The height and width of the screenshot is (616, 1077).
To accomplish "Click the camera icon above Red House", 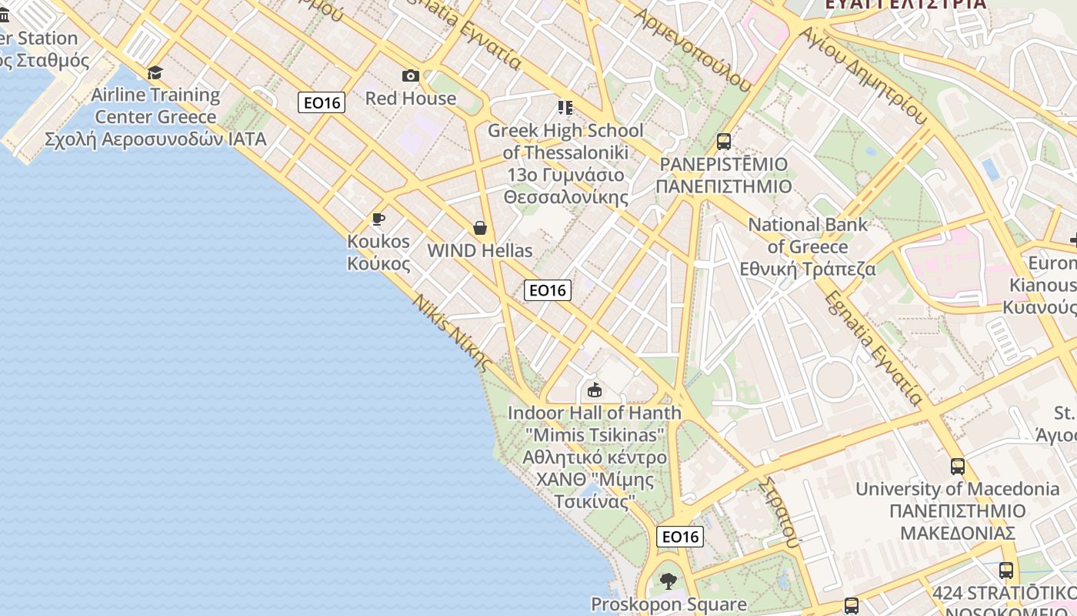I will (411, 75).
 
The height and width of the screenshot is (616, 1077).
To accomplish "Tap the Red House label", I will (411, 99).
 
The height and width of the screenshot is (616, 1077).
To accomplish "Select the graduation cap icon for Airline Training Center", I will (155, 72).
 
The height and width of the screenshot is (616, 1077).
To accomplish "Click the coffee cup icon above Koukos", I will (378, 219).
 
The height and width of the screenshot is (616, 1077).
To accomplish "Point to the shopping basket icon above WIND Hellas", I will (480, 228).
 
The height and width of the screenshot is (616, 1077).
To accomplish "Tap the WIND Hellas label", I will (480, 250).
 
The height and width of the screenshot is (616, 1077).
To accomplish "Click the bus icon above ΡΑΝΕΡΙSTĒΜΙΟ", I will (723, 141).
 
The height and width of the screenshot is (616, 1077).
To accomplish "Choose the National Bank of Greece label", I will (808, 246).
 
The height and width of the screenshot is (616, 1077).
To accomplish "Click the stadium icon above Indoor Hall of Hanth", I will (594, 390).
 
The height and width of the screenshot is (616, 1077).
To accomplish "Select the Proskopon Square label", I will (669, 604).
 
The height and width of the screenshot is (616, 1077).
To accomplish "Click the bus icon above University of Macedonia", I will (957, 466).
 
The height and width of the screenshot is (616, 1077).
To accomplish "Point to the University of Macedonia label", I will (957, 511).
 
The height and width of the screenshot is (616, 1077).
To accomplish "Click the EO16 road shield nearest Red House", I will (322, 102).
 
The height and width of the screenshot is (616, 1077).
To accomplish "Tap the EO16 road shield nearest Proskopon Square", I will (680, 537).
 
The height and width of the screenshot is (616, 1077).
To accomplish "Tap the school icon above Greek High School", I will (565, 107).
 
